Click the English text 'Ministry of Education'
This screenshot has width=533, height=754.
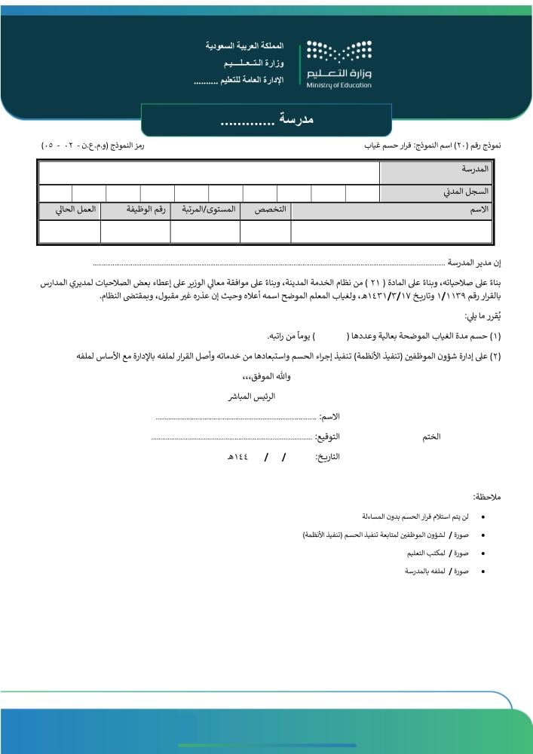pos(339,85)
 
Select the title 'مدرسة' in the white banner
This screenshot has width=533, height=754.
pos(296,120)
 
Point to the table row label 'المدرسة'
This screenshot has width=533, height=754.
pos(475,170)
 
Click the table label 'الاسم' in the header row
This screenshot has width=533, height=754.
pos(479,209)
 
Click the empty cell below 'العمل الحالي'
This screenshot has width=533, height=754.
pos(69,231)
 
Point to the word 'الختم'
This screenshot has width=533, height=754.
pos(430,437)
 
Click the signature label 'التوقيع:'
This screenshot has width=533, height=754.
pos(326,437)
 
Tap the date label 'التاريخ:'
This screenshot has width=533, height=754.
pos(327,458)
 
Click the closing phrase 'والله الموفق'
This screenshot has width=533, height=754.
pos(264,376)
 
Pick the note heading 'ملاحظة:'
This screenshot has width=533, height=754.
pos(487,497)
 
